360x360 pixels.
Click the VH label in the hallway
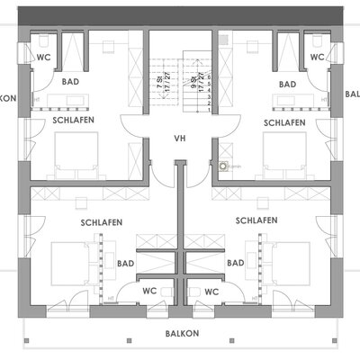[x=180, y=139]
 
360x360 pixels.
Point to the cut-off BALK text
[x=352, y=93]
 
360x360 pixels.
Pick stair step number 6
[x=209, y=77]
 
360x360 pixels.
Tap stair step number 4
[x=209, y=91]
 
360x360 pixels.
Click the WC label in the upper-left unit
[x=43, y=57]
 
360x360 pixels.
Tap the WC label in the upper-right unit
[x=316, y=57]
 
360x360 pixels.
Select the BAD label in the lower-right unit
[x=237, y=263]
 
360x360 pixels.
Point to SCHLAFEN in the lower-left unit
[x=102, y=221]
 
